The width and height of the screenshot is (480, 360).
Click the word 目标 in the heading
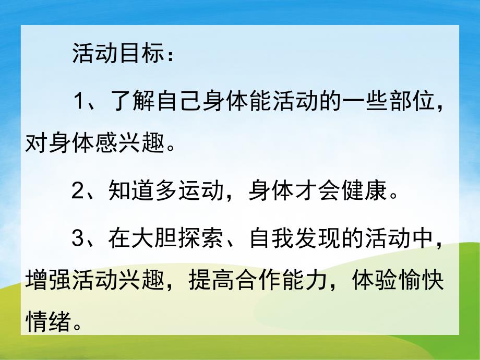pos(143,54)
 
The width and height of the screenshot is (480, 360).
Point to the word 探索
pos(201,239)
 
